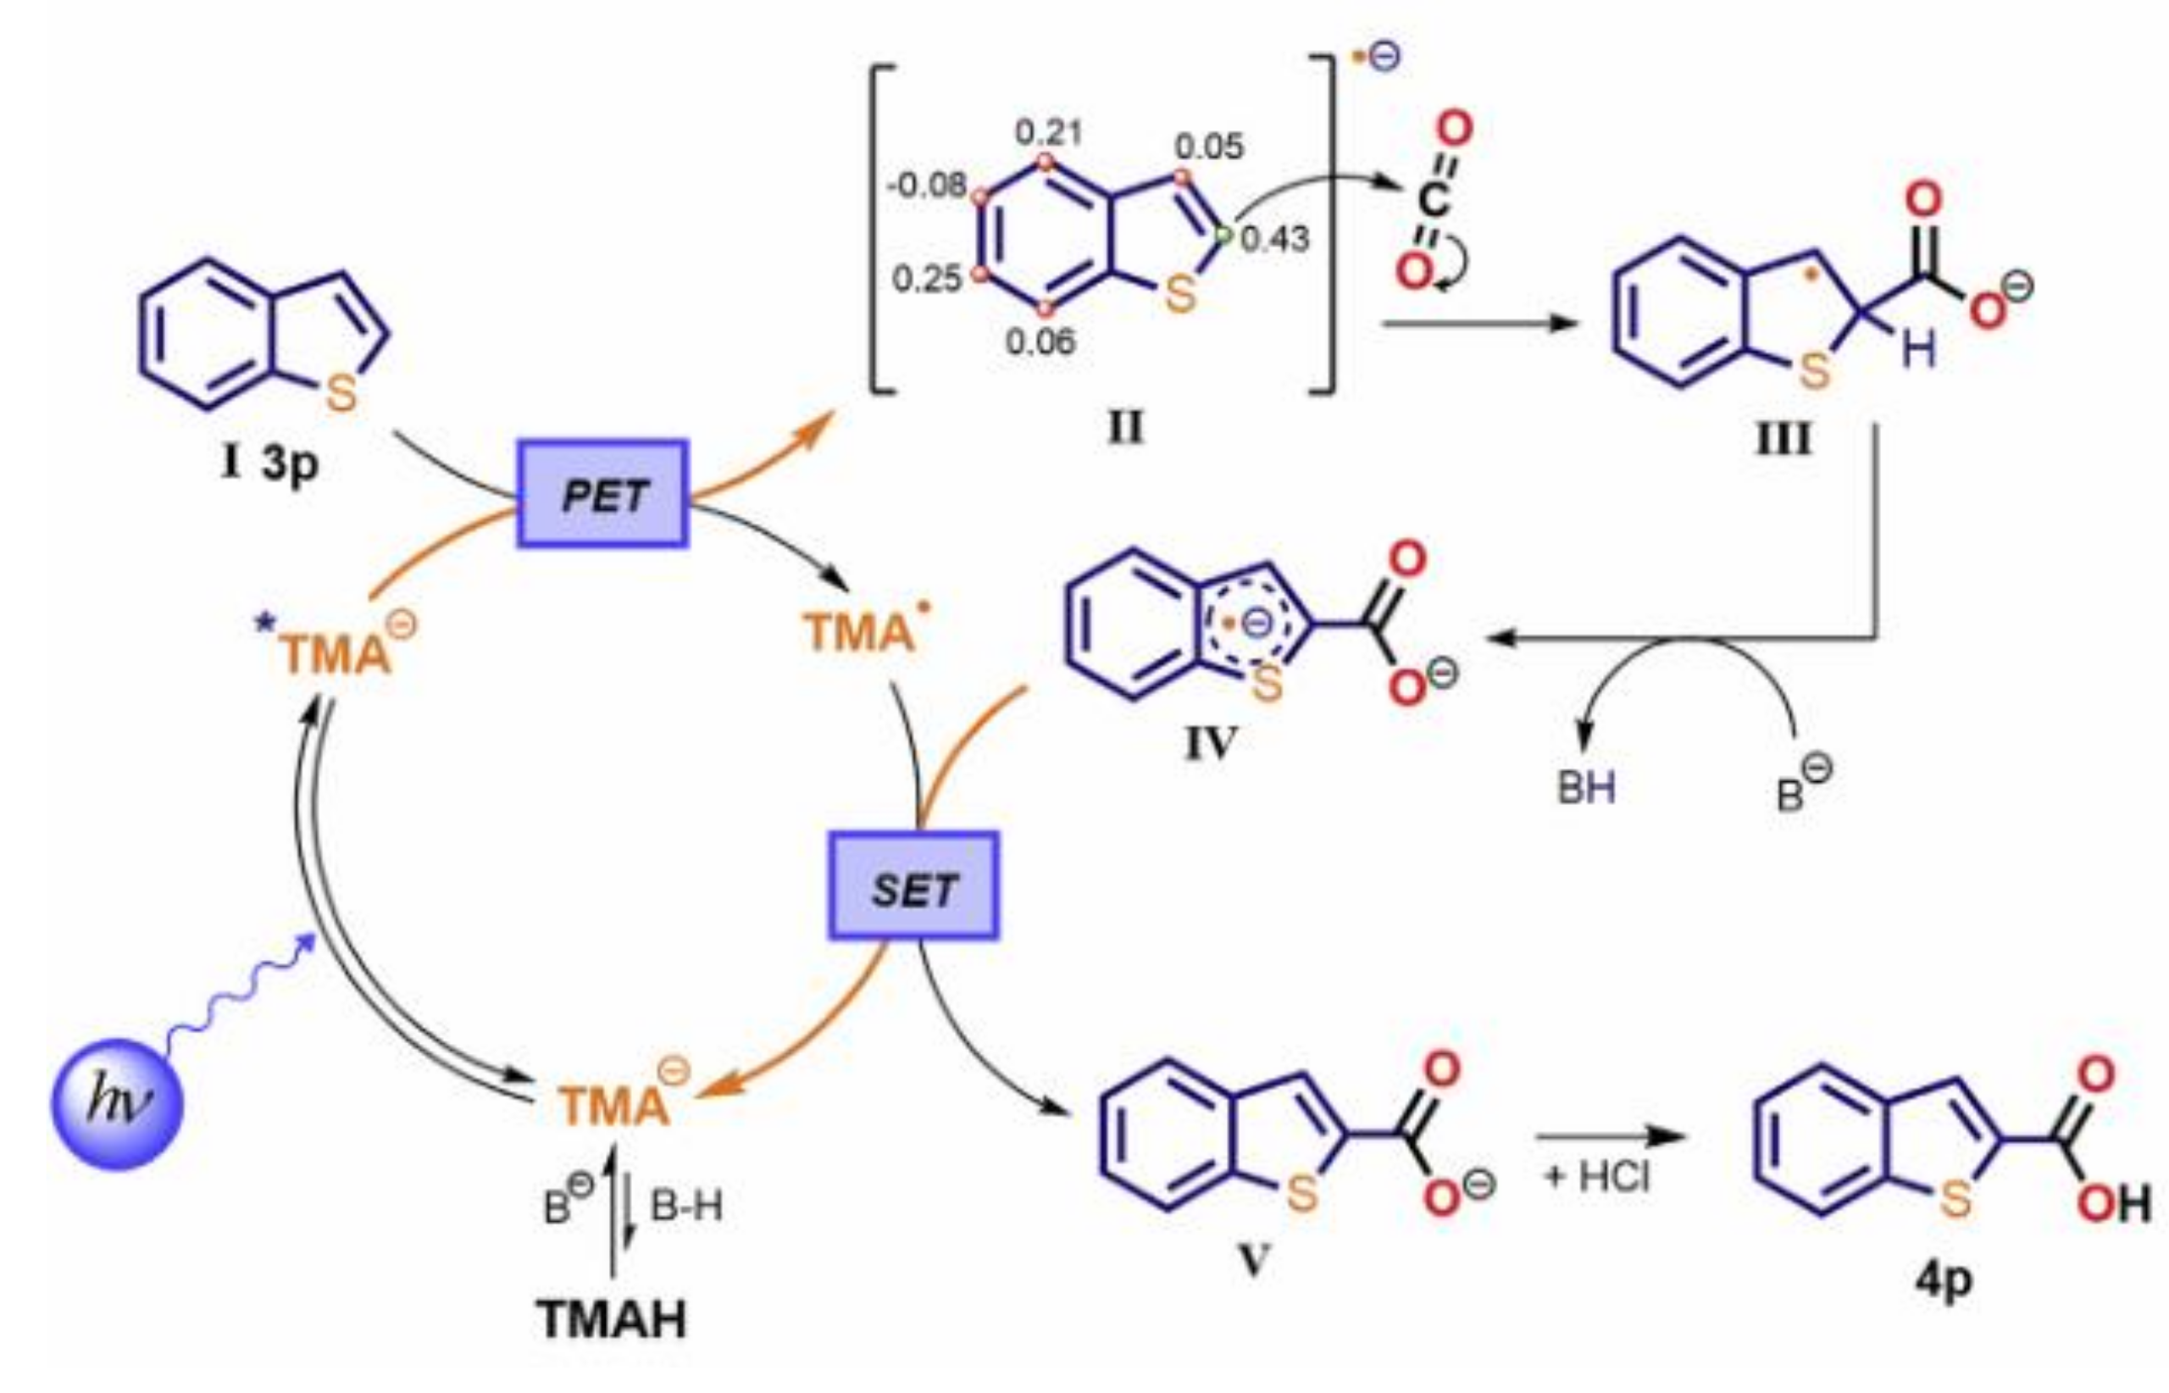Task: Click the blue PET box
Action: [602, 494]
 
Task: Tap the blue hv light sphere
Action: [117, 1103]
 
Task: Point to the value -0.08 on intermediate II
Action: [927, 186]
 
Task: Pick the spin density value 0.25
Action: [926, 279]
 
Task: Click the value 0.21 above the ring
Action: [1047, 133]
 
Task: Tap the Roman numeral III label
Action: [1782, 441]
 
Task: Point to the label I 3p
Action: [269, 464]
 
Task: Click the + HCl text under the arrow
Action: [1597, 1177]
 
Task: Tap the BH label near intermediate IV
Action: [1585, 788]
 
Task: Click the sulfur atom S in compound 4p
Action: [1955, 1200]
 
